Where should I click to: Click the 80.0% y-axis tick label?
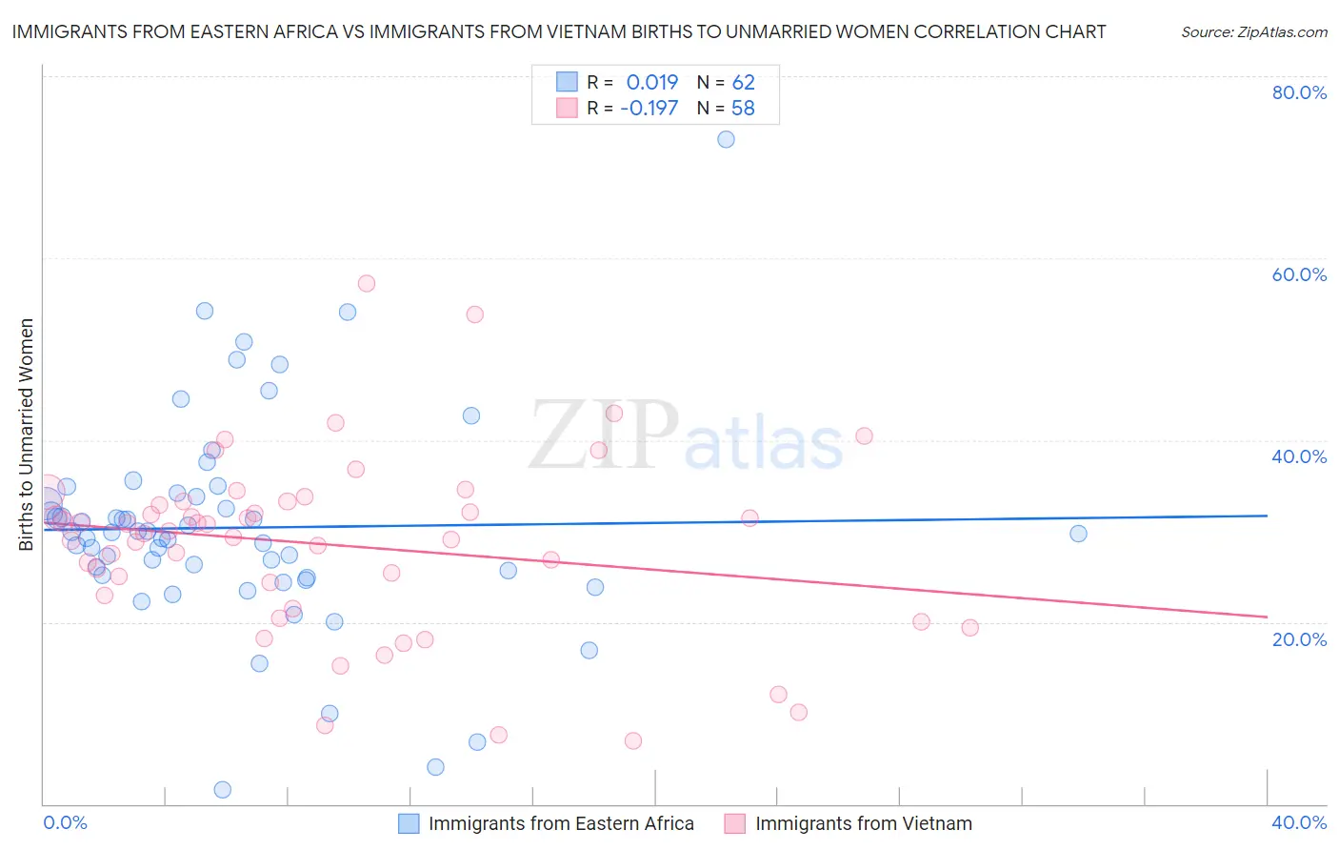(x=1299, y=92)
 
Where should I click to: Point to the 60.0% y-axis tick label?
(x=1299, y=274)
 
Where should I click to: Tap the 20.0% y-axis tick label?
(x=1299, y=638)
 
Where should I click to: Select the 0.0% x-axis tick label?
(x=65, y=822)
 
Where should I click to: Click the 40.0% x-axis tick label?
(x=1299, y=822)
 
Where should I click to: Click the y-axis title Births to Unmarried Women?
(x=26, y=435)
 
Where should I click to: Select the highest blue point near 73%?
(x=726, y=139)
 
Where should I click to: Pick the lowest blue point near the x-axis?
(x=223, y=789)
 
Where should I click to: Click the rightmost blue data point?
(x=1078, y=534)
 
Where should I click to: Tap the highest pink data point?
(x=367, y=283)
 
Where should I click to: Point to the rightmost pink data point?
(x=969, y=627)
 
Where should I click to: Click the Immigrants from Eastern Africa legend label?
(x=561, y=823)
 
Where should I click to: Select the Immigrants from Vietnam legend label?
(x=864, y=823)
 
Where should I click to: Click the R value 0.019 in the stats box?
(x=652, y=82)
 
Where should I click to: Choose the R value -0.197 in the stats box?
(x=649, y=108)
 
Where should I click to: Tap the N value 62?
(x=743, y=82)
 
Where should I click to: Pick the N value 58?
(x=743, y=108)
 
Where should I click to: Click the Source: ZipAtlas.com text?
(x=1253, y=31)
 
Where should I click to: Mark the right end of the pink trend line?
(x=1267, y=617)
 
